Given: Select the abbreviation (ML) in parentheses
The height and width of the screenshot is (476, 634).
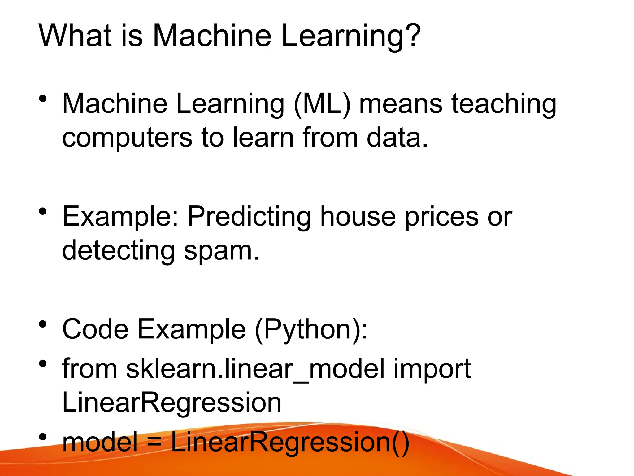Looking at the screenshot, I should coord(322,104).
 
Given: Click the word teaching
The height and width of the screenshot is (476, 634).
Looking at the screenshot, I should coord(504,105).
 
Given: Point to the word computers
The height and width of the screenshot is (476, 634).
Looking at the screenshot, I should coord(127,138).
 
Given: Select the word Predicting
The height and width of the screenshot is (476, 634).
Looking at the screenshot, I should coord(249,217).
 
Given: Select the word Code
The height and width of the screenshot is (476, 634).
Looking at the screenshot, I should coord(95,329).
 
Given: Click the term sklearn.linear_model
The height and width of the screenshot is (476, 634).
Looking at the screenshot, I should coord(255,369).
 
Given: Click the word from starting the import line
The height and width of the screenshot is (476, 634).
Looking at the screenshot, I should coord(89,369).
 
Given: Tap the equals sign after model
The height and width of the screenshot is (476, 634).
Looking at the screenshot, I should coord(154,443).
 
